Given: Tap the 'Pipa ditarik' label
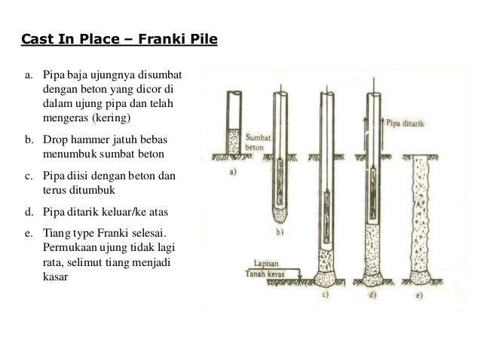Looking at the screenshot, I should pyautogui.click(x=406, y=119).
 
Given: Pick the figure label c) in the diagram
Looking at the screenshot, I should pyautogui.click(x=329, y=295).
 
